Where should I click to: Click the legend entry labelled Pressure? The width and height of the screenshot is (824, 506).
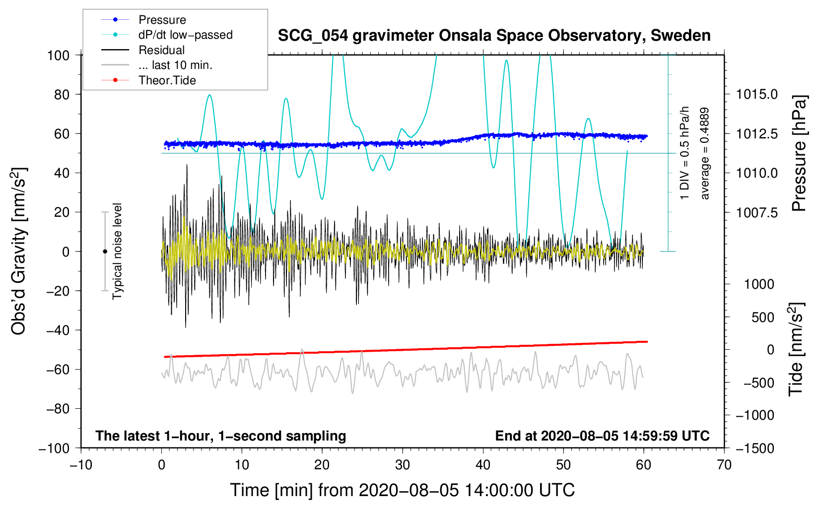coord(162,20)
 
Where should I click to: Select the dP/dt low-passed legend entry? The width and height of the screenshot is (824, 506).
coord(185,35)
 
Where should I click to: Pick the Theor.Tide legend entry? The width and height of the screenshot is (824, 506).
coord(167,80)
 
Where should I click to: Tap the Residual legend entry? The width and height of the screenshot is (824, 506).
coord(161,50)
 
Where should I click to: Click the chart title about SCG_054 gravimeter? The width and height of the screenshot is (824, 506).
coord(494,36)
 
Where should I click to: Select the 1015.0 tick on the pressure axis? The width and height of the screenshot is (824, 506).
coord(756,94)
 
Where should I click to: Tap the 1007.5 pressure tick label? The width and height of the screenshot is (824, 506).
coord(756,212)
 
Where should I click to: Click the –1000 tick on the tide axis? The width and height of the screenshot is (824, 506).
coord(755,415)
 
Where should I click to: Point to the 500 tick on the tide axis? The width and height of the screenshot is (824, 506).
coord(762,317)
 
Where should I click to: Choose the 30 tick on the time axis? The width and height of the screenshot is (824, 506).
coord(403,465)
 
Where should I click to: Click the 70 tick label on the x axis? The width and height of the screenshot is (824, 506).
coord(724,465)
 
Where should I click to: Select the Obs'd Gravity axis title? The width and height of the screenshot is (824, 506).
coord(18,251)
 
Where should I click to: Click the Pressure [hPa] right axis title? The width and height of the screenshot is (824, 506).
coord(799,154)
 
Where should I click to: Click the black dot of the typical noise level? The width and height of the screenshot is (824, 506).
coord(105,252)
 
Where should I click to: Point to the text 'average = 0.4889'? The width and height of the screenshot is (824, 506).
coord(705,154)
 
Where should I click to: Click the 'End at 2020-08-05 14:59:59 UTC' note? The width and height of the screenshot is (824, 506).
coord(602,436)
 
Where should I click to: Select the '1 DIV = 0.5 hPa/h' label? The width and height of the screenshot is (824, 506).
coord(685,153)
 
